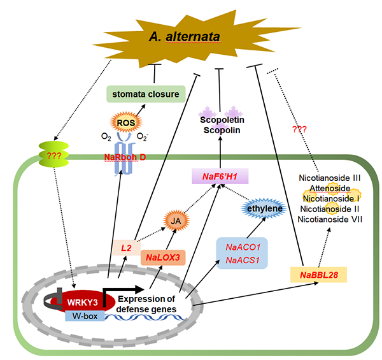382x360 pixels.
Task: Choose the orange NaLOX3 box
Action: (162, 257)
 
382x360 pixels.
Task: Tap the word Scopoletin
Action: (220, 119)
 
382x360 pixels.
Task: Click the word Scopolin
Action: (220, 131)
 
